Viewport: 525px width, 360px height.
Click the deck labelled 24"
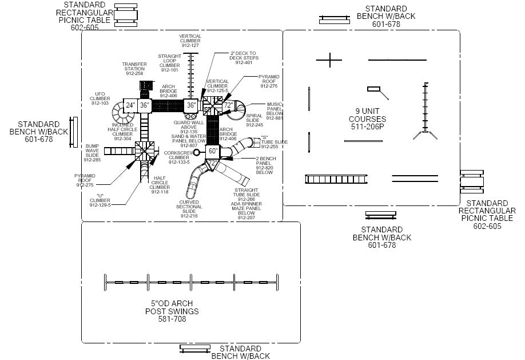(x=130, y=105)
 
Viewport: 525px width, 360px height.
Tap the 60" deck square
(x=212, y=151)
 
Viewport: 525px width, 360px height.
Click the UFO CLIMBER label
(x=100, y=98)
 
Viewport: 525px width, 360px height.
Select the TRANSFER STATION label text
(x=134, y=69)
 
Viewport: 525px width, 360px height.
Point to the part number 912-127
(x=190, y=45)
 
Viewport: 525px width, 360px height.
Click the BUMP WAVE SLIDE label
(x=93, y=153)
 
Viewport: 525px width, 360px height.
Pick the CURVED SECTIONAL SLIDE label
(x=189, y=209)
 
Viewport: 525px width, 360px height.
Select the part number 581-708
(x=172, y=318)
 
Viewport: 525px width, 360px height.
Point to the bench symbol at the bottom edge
(x=194, y=347)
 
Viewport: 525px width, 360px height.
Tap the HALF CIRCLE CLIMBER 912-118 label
(x=160, y=185)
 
